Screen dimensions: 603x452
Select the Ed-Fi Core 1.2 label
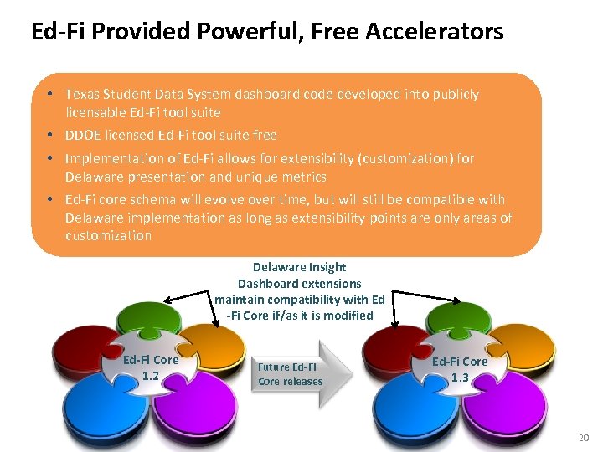151,367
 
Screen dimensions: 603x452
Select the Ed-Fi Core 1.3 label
460,368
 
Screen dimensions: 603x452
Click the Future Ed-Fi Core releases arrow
297,373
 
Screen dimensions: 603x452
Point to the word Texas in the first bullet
81,95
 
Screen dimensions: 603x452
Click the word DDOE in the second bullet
84,135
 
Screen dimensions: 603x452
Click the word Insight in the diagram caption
327,267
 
